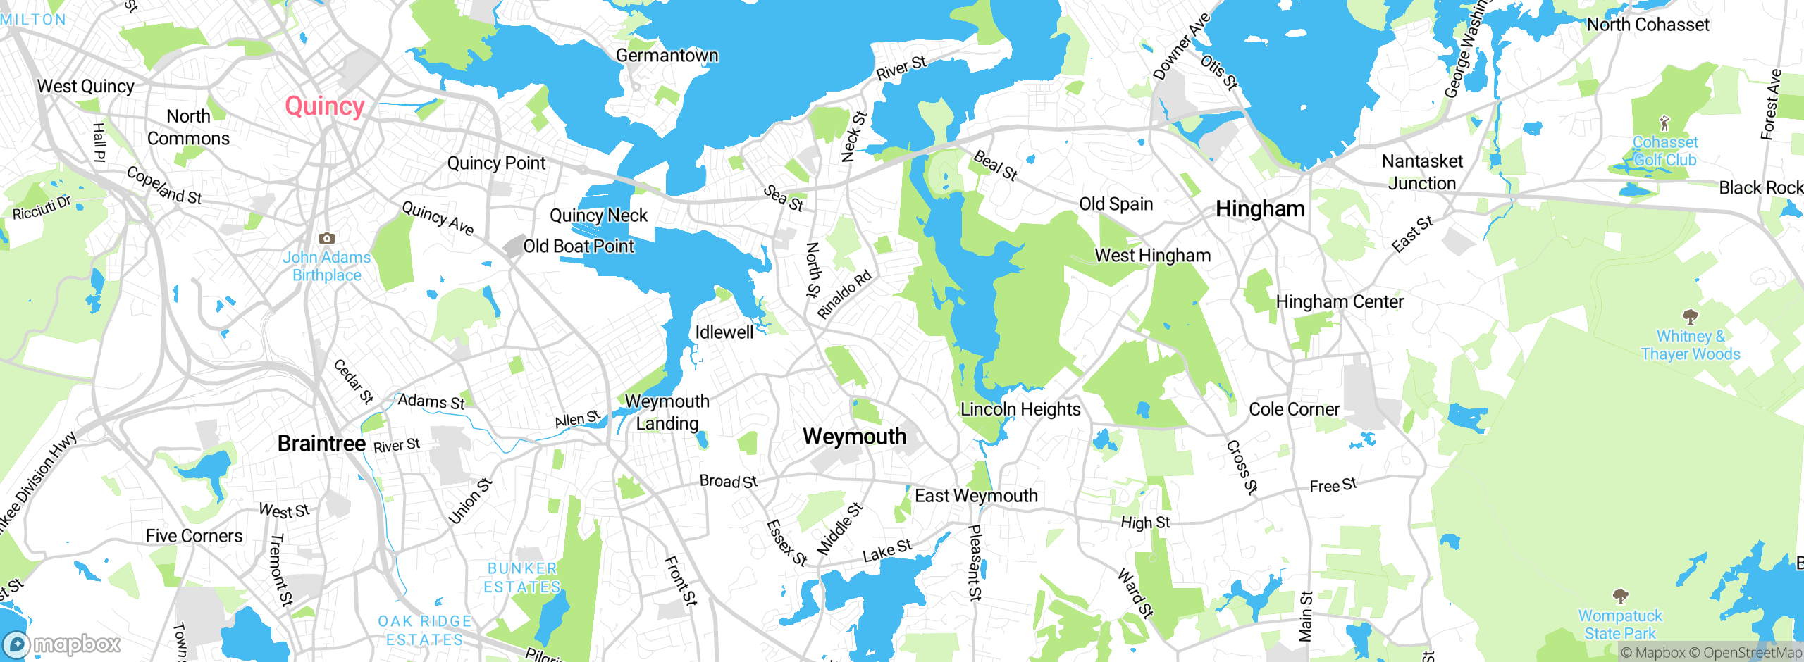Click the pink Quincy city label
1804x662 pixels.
pos(324,106)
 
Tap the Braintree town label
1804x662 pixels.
pos(321,444)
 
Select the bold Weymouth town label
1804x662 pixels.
pos(854,437)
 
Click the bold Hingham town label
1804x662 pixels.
pos(1260,209)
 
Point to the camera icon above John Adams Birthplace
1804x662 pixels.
pos(327,239)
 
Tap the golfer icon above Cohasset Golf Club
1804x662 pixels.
pos(1664,124)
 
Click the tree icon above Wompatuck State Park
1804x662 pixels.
pos(1620,597)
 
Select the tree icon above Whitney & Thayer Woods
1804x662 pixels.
pos(1690,316)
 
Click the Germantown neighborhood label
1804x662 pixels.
pos(667,56)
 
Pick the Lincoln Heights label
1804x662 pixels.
pos(1020,409)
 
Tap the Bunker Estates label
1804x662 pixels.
pos(522,577)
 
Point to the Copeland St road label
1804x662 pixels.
pos(164,185)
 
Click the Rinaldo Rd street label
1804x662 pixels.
pos(844,294)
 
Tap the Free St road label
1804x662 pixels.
pos(1333,485)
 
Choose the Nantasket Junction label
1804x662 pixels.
pos(1422,173)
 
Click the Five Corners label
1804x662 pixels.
pos(194,536)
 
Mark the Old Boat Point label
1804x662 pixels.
pos(579,246)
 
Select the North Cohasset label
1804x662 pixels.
pos(1648,25)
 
